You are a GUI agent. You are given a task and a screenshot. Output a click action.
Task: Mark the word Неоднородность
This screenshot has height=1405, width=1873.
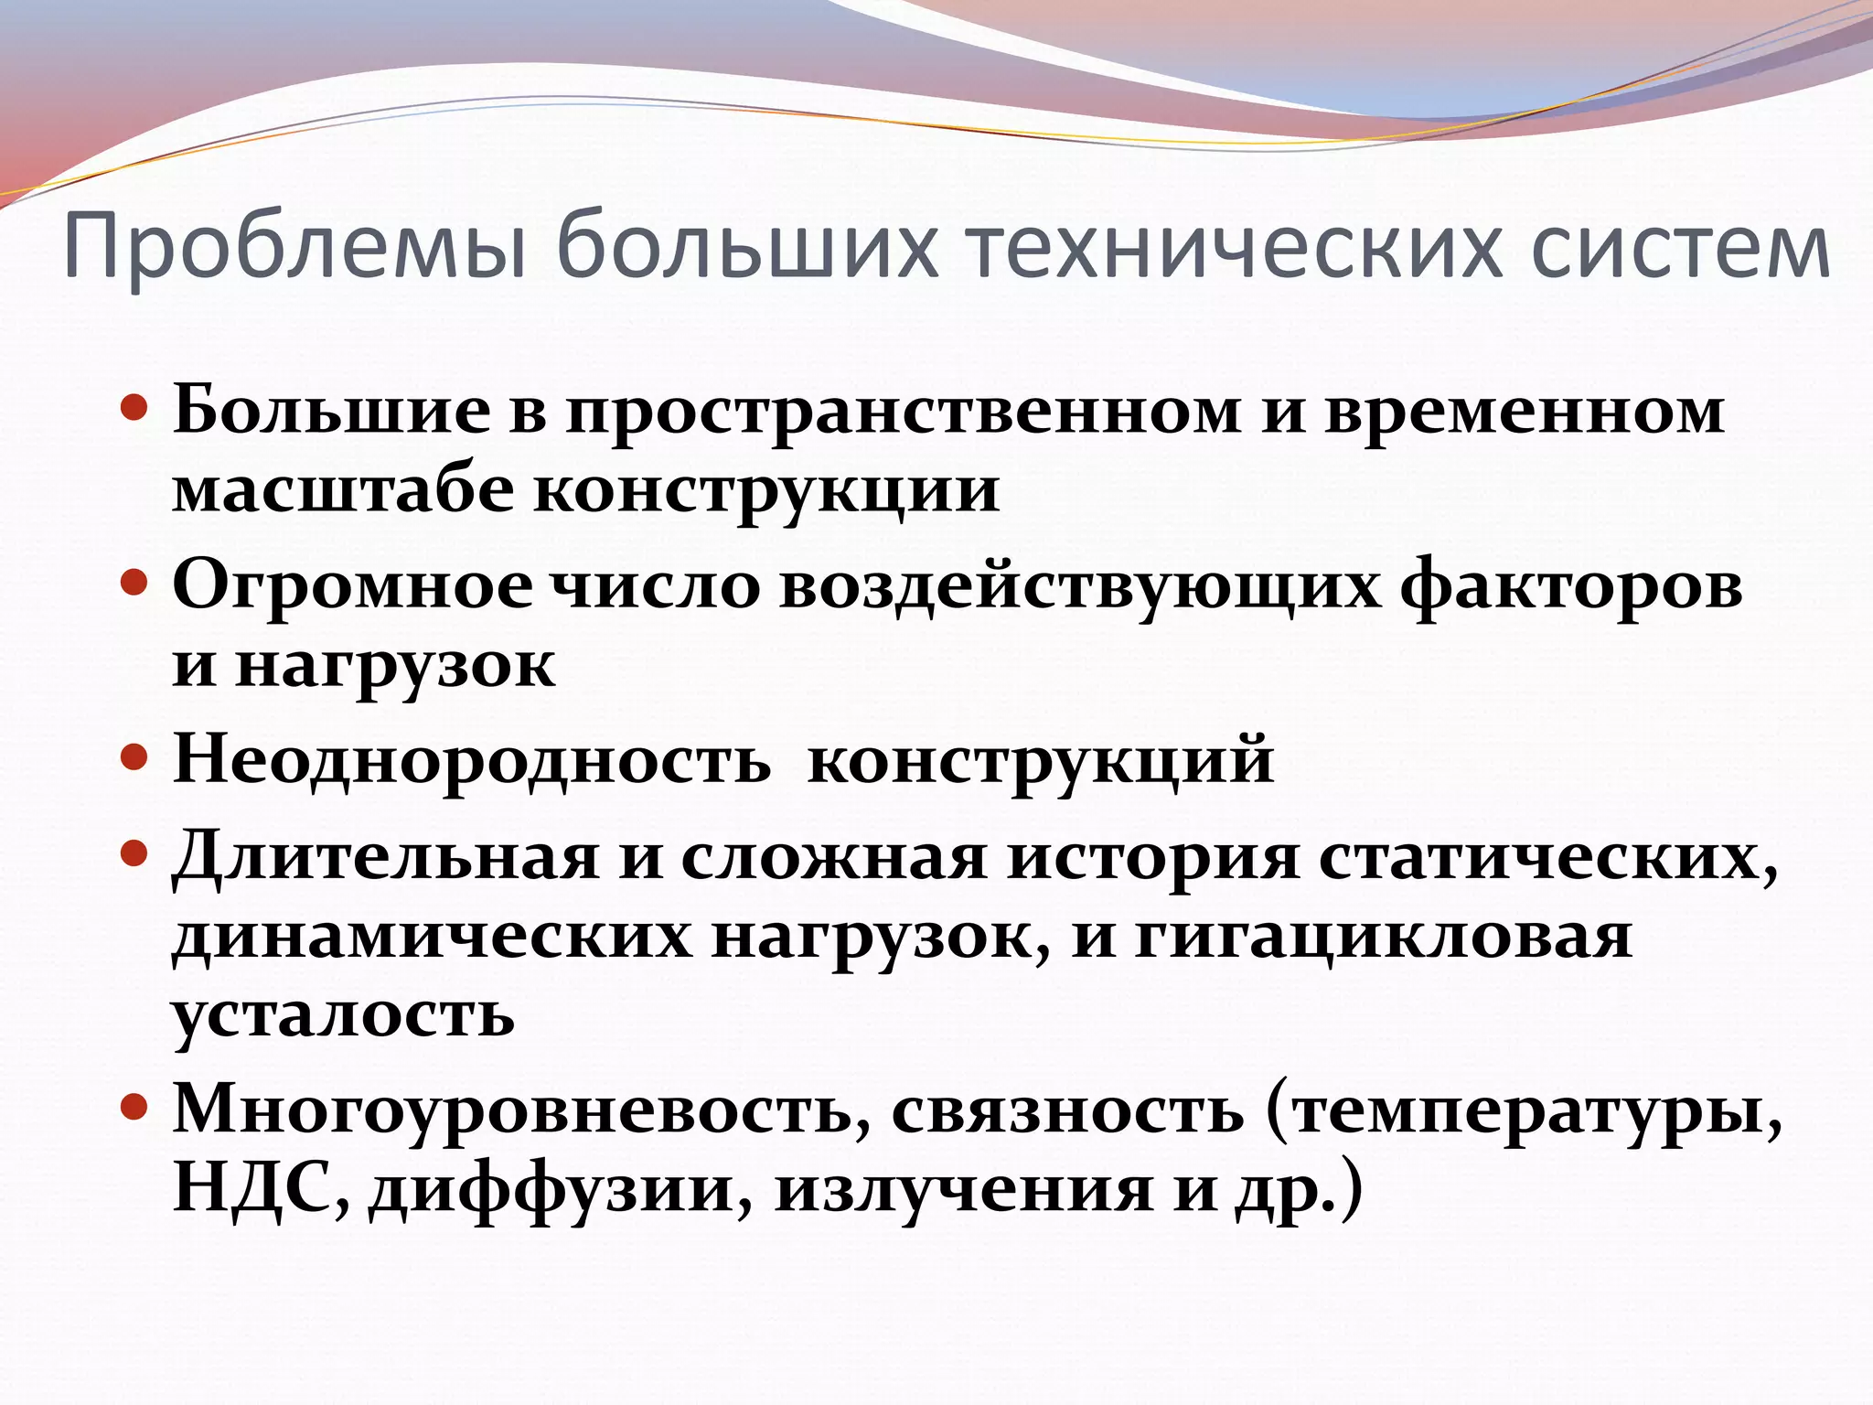[x=472, y=759]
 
